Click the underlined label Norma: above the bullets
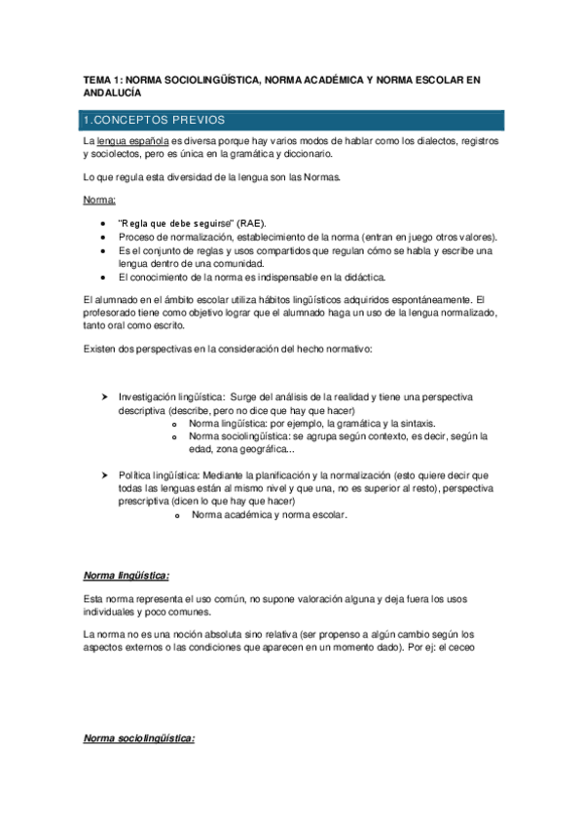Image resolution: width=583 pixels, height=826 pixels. coord(99,200)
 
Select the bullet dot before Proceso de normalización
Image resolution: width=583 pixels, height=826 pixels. coord(104,237)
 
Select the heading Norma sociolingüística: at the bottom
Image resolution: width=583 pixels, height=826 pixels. coord(139,739)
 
